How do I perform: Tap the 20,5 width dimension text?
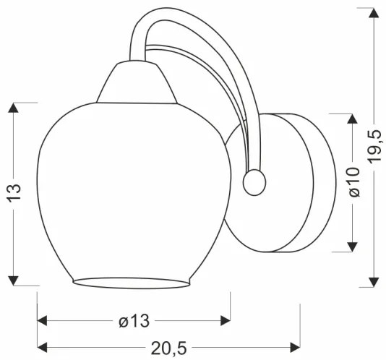coord(168,347)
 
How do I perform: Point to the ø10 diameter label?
coord(353,183)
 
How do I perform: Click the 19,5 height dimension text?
coord(374,149)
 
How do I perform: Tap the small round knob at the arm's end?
coord(254,183)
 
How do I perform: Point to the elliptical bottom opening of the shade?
coord(134,280)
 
